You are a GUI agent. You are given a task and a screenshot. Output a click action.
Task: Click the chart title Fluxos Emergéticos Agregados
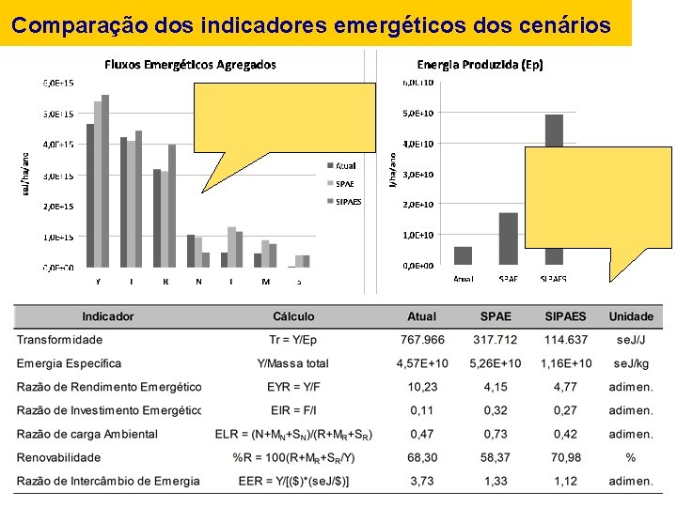point(189,65)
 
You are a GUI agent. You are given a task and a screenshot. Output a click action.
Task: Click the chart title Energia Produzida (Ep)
point(480,65)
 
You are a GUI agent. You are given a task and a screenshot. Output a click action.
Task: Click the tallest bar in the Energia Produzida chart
point(554,188)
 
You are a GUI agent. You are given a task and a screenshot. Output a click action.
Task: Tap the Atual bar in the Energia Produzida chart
point(463,255)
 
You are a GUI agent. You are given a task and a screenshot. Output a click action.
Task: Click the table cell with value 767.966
point(421,340)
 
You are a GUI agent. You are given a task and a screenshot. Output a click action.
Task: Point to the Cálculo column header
point(293,316)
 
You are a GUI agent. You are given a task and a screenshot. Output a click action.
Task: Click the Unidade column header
point(631,316)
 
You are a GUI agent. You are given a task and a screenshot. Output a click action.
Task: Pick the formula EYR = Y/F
point(293,387)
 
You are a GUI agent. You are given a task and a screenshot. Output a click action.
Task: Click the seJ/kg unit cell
point(631,363)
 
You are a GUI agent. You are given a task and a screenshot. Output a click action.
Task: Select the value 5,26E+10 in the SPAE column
point(496,363)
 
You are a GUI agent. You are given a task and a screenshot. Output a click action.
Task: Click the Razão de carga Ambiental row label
point(87,434)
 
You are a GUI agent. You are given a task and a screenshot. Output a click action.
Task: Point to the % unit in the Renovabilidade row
point(631,457)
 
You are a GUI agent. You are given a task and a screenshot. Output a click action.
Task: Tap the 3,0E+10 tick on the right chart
point(418,175)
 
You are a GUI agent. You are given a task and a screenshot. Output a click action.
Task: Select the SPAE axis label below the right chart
point(508,279)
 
